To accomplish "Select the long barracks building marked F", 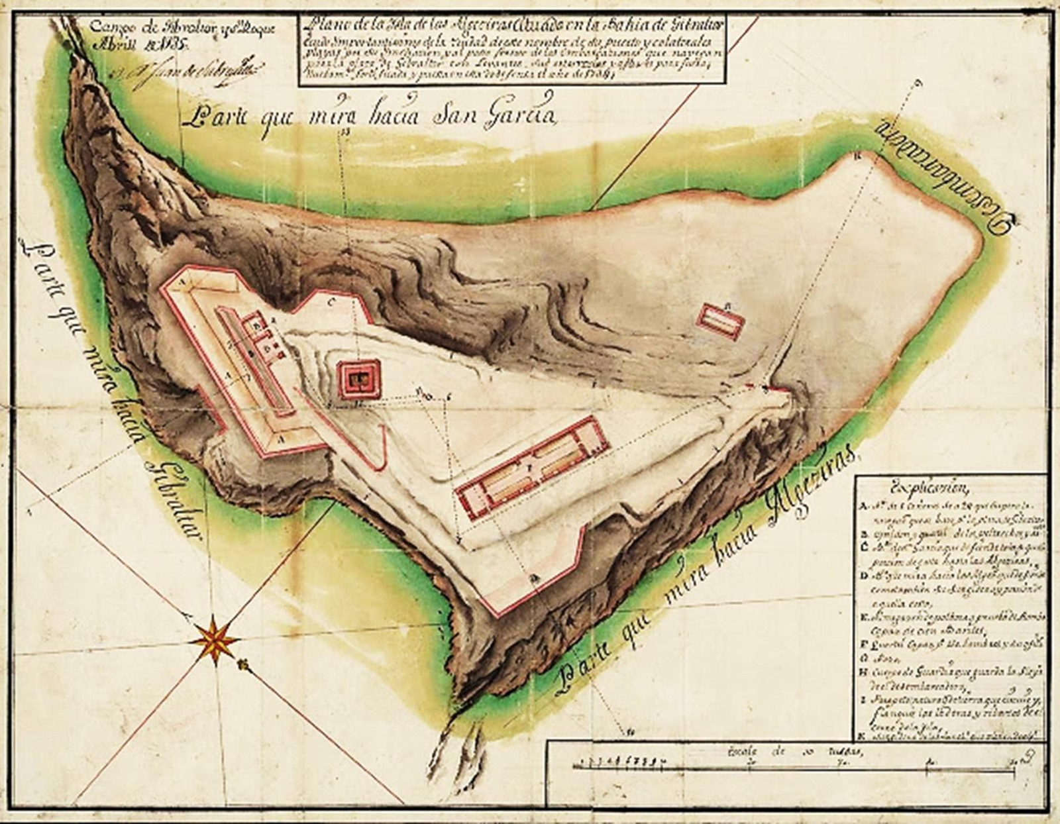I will (532, 467).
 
